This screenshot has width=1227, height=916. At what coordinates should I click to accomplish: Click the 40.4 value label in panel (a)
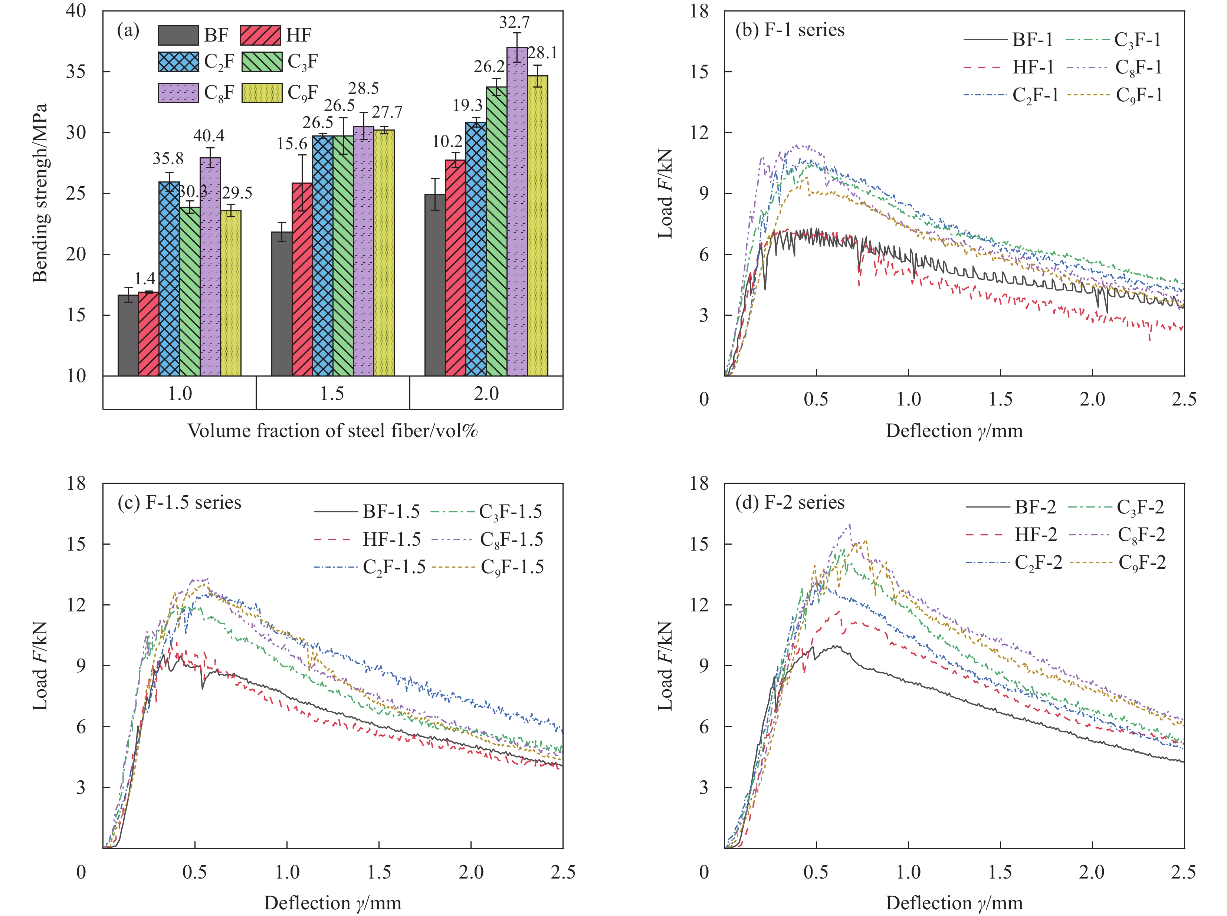pos(209,136)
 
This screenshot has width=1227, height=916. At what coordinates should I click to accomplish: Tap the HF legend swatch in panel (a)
pos(260,36)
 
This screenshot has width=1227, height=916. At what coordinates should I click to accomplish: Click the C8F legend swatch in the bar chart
pos(178,93)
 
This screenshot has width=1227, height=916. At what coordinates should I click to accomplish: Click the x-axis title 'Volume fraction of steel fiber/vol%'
pos(333,431)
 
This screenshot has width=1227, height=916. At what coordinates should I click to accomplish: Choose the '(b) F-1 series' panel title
pos(790,30)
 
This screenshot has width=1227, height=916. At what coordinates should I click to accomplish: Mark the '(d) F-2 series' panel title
pos(790,502)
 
